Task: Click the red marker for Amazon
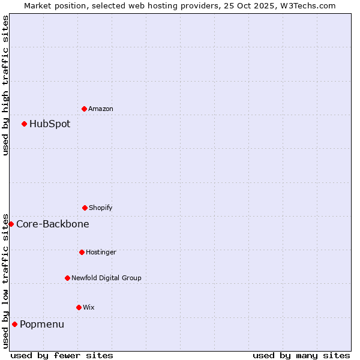pos(84,109)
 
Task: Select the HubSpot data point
pos(24,124)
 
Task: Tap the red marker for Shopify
pos(85,208)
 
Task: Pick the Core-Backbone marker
pos(11,224)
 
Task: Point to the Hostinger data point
pos(82,252)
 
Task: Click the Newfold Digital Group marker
pos(67,278)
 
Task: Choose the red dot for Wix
pos(79,307)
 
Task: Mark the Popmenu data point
pos(14,324)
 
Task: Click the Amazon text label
pos(101,109)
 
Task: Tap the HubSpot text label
pos(50,124)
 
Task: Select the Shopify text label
pos(101,208)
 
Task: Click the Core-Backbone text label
pos(53,224)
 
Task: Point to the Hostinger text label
pos(101,252)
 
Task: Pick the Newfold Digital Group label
pos(106,278)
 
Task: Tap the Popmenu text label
pos(42,325)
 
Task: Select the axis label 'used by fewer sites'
pos(62,355)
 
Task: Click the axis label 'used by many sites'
pos(301,355)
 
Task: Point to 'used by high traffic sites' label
pos(5,85)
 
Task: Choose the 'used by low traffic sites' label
pos(5,280)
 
